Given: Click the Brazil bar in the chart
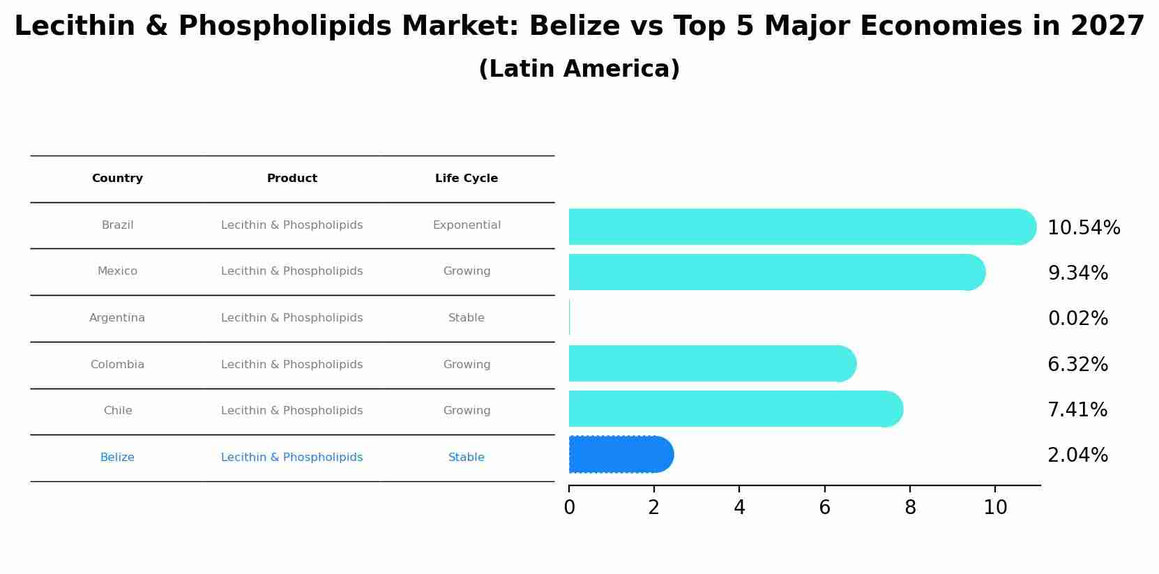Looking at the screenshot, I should point(802,227).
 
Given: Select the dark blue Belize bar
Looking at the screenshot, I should point(621,455).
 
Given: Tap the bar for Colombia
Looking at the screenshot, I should point(711,363).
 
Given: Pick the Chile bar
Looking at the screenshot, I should point(736,409).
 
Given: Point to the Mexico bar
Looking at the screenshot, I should point(776,272).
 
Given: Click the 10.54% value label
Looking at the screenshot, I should point(1084,228).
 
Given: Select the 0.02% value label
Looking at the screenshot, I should point(1077,319).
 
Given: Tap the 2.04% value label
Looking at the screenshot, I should point(1077,455).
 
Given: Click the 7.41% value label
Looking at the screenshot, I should point(1077,410).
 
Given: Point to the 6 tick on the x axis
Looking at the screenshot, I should point(824,508).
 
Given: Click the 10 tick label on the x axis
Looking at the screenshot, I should point(995,508).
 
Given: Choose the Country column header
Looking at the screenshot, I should point(117,179).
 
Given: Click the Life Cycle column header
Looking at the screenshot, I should point(467,179).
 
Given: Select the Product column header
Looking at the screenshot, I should point(292,179).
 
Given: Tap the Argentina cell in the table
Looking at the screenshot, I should point(117,318).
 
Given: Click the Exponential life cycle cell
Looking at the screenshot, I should point(467,225).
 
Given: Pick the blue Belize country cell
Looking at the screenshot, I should point(117,458).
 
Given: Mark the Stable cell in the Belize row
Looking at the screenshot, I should point(467,458).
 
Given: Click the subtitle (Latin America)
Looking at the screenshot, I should point(579,69).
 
